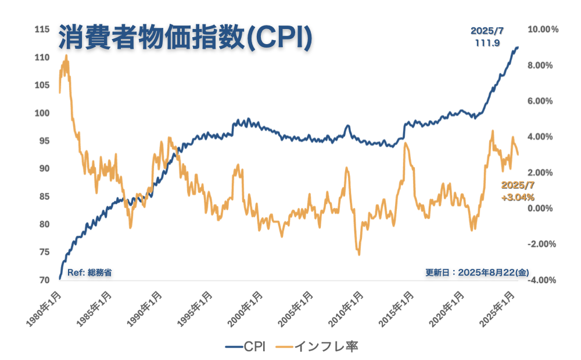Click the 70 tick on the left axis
pyautogui.click(x=44, y=280)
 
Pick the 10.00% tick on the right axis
pyautogui.click(x=543, y=30)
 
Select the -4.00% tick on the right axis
pyautogui.click(x=541, y=280)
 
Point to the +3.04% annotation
pyautogui.click(x=518, y=197)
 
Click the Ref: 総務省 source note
pyautogui.click(x=89, y=272)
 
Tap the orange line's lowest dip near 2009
pyautogui.click(x=358, y=254)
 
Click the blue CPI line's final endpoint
pyautogui.click(x=518, y=47)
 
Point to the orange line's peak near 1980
pyautogui.click(x=66, y=56)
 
